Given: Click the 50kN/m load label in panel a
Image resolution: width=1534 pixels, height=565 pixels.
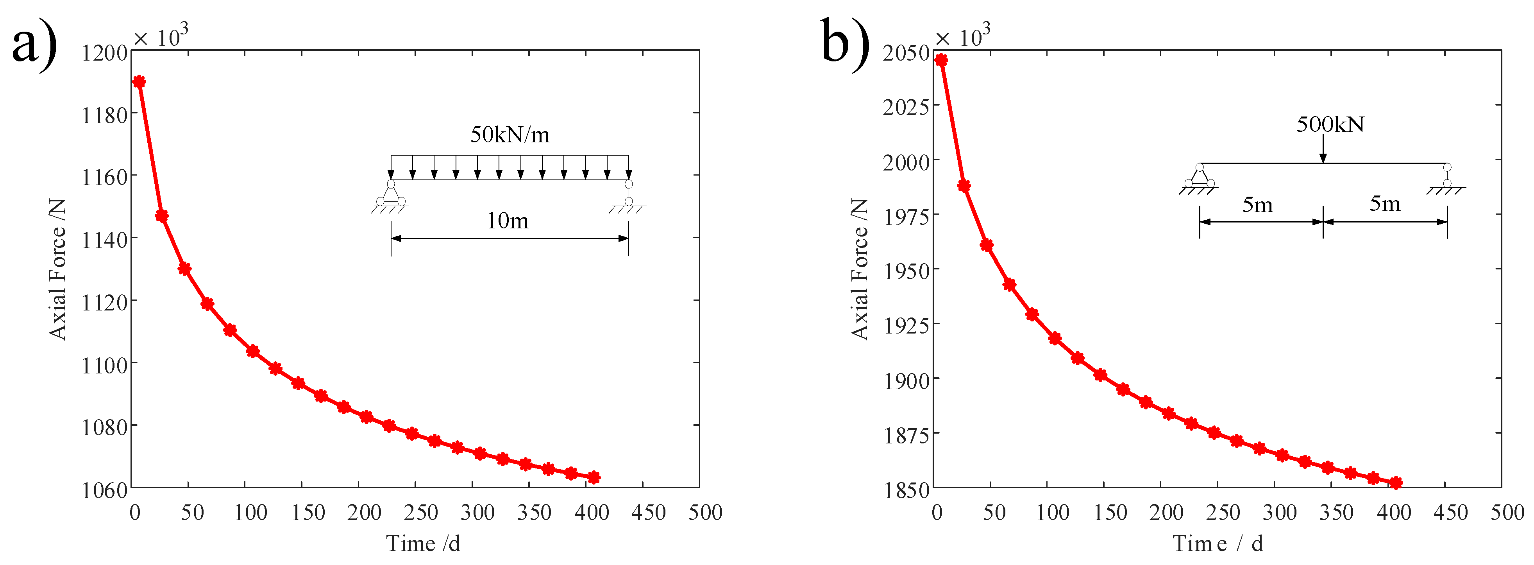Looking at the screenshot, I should [x=510, y=135].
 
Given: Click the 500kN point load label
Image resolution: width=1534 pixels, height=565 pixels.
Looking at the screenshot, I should [x=1330, y=124].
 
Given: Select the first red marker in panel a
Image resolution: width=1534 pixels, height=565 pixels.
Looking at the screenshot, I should [x=139, y=82].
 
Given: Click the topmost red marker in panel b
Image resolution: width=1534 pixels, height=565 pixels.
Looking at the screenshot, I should [x=941, y=59].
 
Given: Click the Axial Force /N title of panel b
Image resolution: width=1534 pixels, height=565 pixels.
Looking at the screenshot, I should [x=859, y=269].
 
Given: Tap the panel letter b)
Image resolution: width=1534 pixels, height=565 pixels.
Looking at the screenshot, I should [x=844, y=43].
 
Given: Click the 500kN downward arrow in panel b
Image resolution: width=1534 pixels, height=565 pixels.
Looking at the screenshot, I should [x=1323, y=149].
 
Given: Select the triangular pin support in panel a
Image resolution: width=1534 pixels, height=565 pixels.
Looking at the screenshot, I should [x=391, y=194].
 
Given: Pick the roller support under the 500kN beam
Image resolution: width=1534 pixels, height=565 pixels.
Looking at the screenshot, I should [x=1446, y=178].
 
